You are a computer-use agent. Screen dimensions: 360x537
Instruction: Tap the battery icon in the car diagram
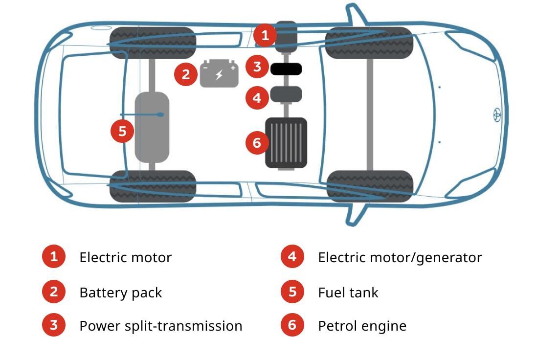219,74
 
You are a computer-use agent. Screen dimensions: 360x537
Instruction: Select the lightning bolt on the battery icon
219,75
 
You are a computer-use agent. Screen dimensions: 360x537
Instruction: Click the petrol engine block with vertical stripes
286,143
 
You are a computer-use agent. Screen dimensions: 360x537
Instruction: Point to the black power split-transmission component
286,69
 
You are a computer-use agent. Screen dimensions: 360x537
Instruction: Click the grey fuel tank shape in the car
152,127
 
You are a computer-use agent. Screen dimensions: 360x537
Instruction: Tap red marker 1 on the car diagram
265,35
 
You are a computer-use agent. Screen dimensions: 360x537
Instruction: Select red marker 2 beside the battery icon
186,74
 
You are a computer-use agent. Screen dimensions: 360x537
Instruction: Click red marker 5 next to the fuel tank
122,131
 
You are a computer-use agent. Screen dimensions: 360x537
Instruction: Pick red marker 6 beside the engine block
257,143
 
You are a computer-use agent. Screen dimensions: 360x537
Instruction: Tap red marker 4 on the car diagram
257,98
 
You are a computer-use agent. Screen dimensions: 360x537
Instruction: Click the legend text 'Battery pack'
120,292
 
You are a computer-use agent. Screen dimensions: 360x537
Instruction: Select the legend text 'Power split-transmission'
160,326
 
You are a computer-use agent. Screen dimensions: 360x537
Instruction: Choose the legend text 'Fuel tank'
348,292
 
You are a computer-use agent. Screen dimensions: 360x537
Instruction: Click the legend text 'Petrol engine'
362,326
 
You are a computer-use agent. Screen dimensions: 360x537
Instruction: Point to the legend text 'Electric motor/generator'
400,257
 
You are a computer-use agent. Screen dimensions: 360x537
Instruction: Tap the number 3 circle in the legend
54,325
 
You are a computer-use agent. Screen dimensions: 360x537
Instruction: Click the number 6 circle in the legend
292,325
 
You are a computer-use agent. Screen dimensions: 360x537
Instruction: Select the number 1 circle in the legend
54,257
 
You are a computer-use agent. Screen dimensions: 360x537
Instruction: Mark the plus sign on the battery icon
233,67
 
